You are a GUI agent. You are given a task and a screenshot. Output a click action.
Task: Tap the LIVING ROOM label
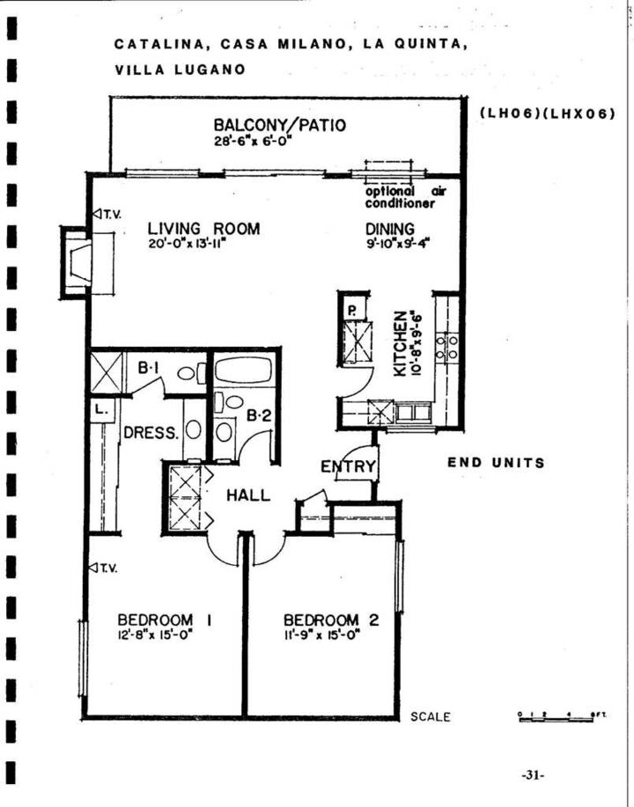tap(203, 230)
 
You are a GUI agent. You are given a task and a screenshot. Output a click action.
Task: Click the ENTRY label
tap(348, 466)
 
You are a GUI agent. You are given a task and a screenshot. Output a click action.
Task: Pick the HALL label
tap(248, 495)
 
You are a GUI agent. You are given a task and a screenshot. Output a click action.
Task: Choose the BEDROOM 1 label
tap(155, 620)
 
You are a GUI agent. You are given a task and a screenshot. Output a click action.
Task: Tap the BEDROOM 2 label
tap(331, 620)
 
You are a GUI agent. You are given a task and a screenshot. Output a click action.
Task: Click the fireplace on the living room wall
tap(77, 260)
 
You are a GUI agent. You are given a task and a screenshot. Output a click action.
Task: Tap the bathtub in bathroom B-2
tap(245, 371)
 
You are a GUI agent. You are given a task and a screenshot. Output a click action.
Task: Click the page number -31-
tap(533, 775)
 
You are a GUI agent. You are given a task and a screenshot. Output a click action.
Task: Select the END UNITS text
tap(496, 463)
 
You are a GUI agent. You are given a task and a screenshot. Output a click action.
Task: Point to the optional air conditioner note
tap(400, 198)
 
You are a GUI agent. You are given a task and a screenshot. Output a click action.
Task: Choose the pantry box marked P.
tap(350, 310)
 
